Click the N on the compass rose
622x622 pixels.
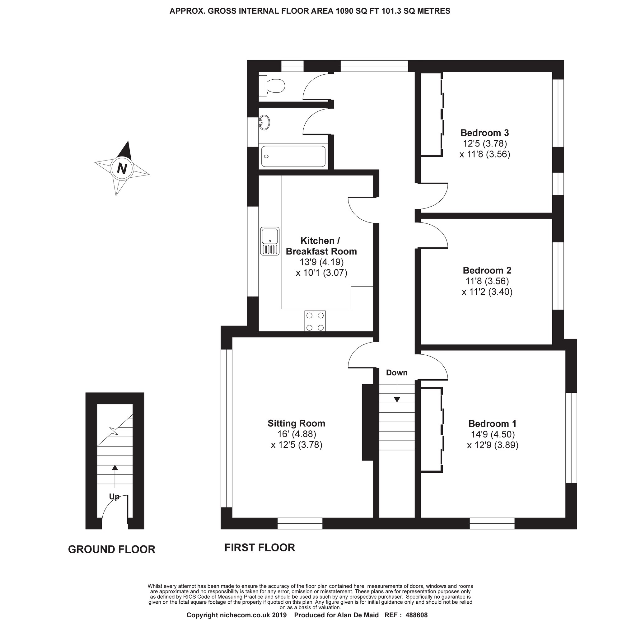[x=122, y=168]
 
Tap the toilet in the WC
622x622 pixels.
[x=272, y=86]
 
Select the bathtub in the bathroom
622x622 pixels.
[x=293, y=157]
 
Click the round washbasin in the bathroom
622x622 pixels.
[x=264, y=122]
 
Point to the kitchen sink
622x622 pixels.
[x=270, y=241]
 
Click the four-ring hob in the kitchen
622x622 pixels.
[x=315, y=321]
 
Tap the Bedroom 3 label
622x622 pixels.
[x=484, y=133]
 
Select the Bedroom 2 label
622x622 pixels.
[x=487, y=270]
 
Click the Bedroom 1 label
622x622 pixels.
[x=492, y=423]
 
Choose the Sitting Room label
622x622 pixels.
[x=296, y=423]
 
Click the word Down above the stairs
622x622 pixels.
[x=397, y=372]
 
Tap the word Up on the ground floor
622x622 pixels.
[x=114, y=497]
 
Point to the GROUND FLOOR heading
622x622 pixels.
[x=112, y=549]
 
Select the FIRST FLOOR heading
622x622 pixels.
[x=260, y=547]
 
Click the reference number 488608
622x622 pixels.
[x=416, y=615]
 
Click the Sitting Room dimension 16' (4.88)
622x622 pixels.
[x=296, y=434]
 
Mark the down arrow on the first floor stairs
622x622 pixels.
[x=397, y=391]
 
